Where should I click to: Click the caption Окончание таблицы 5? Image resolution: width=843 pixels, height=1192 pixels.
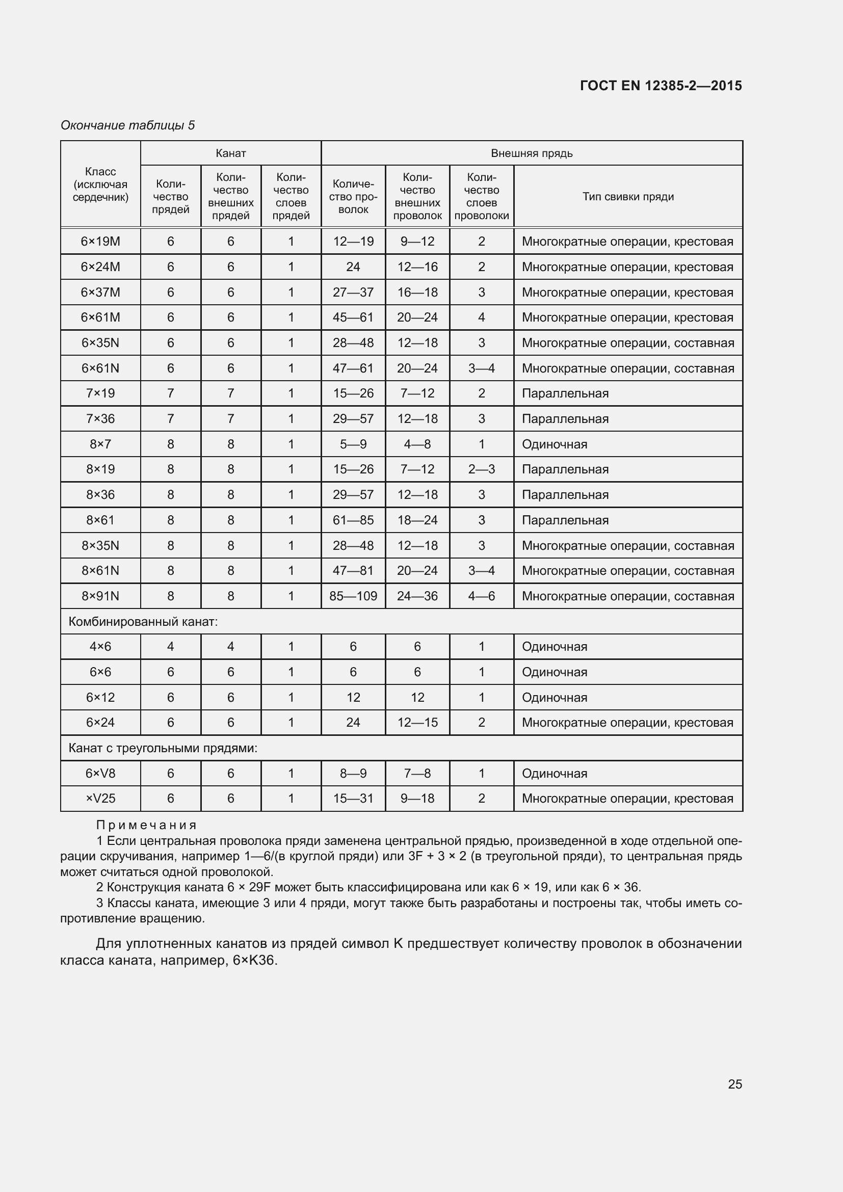click(128, 125)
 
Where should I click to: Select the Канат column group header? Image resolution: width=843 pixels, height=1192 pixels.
click(230, 153)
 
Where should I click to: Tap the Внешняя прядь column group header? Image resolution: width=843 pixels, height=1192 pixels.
click(532, 153)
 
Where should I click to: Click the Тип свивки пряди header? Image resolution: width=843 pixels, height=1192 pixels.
click(627, 196)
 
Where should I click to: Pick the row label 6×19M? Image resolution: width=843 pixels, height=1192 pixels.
click(100, 242)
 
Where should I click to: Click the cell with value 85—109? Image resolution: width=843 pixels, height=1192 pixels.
click(353, 596)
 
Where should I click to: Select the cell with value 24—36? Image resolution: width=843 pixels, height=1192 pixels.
click(417, 596)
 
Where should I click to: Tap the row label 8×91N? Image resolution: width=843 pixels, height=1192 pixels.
click(100, 596)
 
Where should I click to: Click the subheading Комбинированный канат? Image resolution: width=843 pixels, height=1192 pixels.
click(143, 621)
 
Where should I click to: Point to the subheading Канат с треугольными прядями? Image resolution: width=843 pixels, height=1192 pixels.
click(163, 748)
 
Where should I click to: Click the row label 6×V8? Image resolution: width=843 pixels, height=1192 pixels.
click(100, 774)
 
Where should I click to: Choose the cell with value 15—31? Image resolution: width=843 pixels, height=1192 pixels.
click(353, 799)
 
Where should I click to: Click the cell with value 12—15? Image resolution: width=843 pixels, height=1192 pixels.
click(417, 722)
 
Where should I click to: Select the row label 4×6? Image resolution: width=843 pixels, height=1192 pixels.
click(100, 646)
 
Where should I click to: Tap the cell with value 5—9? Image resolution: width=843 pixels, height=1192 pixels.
click(353, 444)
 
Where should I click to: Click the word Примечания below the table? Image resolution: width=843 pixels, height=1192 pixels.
click(146, 825)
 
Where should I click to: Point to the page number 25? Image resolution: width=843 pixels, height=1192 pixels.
click(734, 1084)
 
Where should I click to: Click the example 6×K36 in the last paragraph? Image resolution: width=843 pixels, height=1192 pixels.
click(254, 961)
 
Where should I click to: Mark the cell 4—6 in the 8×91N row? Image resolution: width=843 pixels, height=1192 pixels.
click(481, 596)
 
